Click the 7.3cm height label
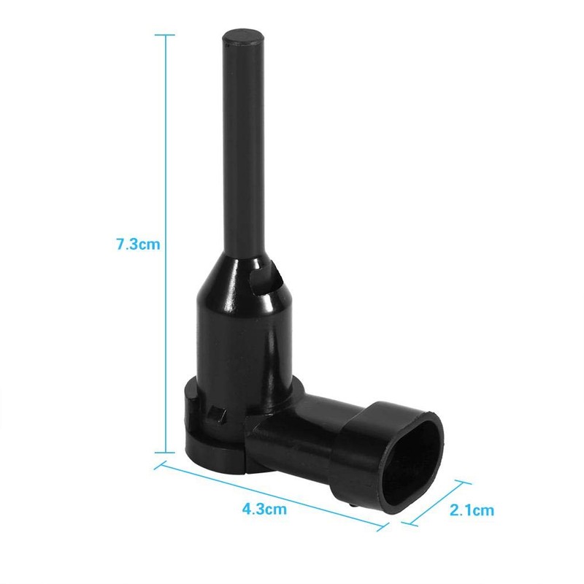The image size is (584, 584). tap(138, 245)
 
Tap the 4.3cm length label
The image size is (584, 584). tap(264, 509)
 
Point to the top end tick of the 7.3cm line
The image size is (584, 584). tap(166, 34)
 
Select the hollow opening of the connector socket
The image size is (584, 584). tap(415, 460)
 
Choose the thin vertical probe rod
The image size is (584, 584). tap(242, 146)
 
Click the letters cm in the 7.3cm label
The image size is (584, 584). tap(149, 245)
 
